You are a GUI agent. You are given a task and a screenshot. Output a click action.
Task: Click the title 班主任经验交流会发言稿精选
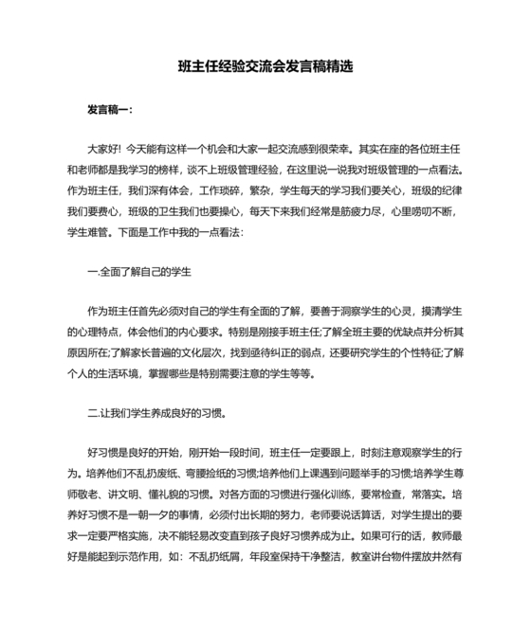(x=265, y=66)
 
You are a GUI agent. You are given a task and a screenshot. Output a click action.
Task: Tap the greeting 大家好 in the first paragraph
(x=102, y=149)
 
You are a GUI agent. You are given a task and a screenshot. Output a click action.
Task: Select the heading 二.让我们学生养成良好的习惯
(x=156, y=414)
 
